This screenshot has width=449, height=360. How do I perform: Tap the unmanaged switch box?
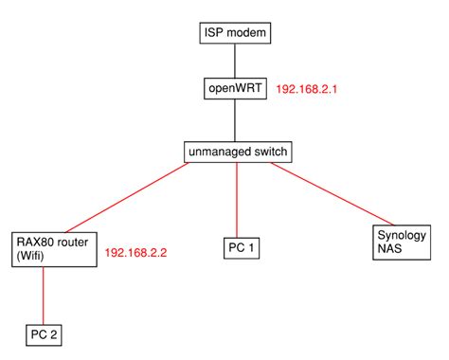(x=237, y=151)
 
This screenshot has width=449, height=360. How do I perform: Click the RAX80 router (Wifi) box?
(x=54, y=247)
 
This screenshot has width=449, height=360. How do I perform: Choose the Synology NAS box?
(x=403, y=242)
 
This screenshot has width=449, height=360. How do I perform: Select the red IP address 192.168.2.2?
(x=136, y=254)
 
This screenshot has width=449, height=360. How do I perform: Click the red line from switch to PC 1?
(x=237, y=199)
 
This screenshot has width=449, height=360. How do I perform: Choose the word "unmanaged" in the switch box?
(x=220, y=151)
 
